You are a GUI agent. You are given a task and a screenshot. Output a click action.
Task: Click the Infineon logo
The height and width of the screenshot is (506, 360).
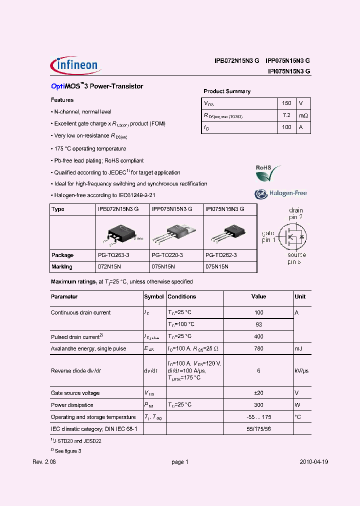click(74, 65)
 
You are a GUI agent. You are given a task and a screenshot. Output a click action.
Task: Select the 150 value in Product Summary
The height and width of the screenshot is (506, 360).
click(286, 103)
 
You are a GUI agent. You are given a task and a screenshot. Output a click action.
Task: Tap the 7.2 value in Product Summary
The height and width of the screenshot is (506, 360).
click(286, 115)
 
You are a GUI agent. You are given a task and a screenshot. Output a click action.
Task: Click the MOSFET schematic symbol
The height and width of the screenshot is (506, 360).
click(290, 235)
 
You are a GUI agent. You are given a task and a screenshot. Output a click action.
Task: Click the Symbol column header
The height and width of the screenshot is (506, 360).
click(154, 296)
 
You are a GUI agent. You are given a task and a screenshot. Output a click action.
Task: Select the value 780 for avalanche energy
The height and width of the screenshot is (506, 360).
click(258, 348)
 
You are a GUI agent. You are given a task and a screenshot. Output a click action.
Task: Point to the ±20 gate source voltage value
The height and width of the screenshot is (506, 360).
click(258, 393)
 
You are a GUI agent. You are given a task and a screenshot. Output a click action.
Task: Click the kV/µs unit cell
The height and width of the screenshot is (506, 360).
click(301, 370)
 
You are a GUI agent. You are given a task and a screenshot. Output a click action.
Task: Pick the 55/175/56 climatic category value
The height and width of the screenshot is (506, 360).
click(258, 429)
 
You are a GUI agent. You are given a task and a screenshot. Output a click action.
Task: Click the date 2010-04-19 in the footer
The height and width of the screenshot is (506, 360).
click(314, 462)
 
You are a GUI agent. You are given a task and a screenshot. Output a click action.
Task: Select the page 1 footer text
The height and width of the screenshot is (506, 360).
click(179, 462)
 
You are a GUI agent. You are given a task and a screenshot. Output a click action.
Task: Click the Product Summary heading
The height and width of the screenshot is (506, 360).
click(226, 91)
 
